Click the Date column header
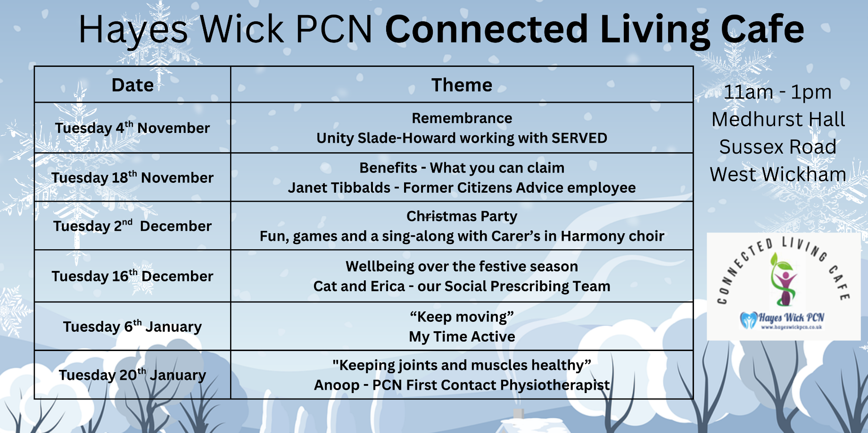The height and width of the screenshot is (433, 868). point(132,85)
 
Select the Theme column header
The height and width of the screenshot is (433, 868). point(462,85)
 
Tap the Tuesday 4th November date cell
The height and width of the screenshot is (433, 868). point(132,128)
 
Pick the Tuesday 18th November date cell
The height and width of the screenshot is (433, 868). point(132,177)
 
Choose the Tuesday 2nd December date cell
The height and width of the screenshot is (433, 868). point(132,226)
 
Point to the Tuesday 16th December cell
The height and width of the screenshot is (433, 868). point(132,276)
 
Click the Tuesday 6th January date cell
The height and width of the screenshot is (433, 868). point(132,326)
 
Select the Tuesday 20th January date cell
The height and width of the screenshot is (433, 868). point(132,375)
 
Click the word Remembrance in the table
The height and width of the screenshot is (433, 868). point(462,118)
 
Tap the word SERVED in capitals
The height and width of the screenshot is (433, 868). point(579,138)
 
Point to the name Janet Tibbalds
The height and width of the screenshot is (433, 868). point(339,188)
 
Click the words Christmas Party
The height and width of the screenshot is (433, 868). point(462,216)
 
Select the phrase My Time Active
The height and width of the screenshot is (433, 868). point(462,336)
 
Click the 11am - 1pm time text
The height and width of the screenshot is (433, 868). point(777,92)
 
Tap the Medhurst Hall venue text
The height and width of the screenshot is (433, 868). point(778,119)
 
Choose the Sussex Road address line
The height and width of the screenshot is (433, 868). point(778,147)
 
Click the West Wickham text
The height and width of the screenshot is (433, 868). point(778,174)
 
